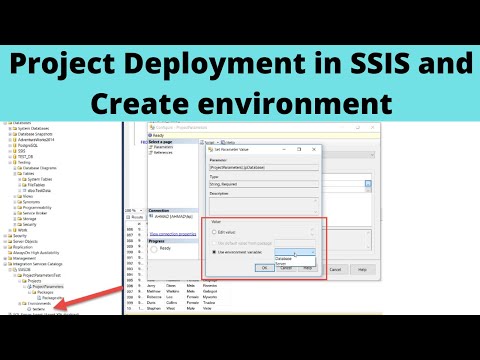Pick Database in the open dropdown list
[x=284, y=258]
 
